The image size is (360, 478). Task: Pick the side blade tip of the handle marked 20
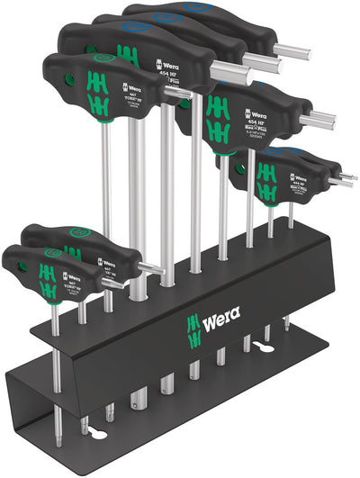[155, 267]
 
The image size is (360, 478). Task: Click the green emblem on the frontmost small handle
[48, 274]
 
